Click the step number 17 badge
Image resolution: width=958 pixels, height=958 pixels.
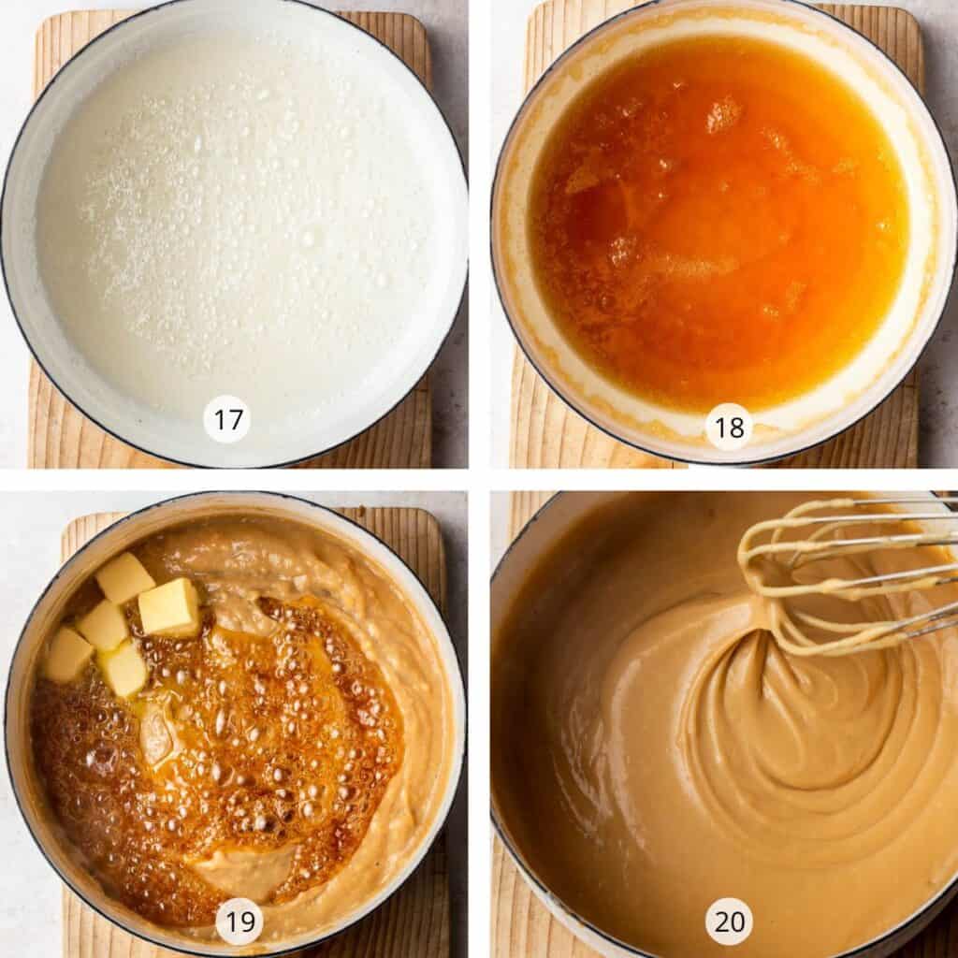(x=226, y=420)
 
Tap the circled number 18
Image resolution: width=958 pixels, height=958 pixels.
(x=729, y=427)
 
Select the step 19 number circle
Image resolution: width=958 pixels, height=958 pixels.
(x=239, y=922)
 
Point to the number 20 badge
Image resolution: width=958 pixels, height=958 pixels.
(x=729, y=922)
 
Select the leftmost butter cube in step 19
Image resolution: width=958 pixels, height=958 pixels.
(x=68, y=654)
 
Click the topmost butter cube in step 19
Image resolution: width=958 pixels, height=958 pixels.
(x=124, y=577)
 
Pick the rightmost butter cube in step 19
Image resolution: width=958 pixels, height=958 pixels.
(x=169, y=606)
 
